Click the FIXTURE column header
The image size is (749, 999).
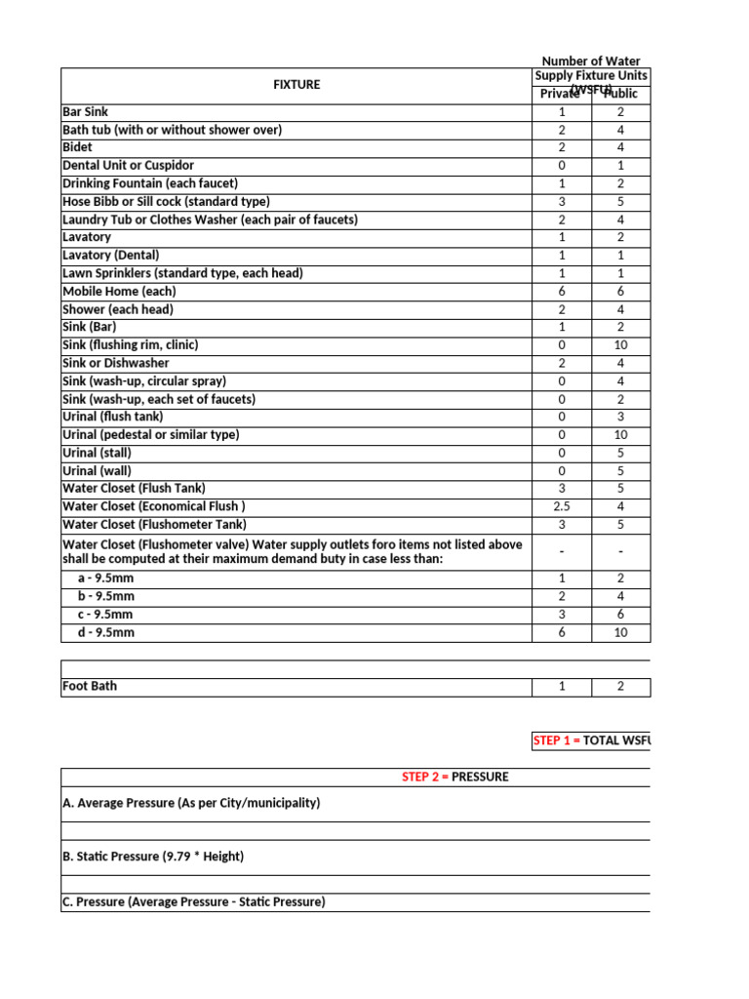point(296,85)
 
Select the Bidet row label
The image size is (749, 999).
point(78,147)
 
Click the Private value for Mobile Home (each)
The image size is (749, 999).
point(561,292)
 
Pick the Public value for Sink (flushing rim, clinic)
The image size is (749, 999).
point(620,345)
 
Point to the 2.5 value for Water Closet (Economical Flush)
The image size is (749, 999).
point(561,506)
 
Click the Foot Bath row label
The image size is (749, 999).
point(90,686)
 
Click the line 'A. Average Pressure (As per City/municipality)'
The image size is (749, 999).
point(191,803)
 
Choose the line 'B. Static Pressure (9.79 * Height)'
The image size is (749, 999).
point(153,857)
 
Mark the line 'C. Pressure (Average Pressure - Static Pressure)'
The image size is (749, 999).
point(193,902)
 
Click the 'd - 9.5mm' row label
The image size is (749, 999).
point(105,632)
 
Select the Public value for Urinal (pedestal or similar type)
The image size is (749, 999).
point(620,435)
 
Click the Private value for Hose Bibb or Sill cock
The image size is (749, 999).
point(561,202)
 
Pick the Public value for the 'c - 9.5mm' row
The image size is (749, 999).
point(620,615)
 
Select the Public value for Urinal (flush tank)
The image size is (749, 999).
point(620,417)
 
